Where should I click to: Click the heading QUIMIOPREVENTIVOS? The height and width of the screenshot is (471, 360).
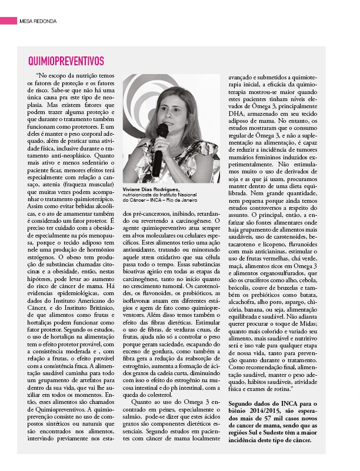(x=66, y=61)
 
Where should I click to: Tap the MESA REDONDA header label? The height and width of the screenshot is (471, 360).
(x=38, y=21)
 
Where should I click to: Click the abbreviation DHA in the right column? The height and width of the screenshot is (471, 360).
(x=236, y=113)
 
